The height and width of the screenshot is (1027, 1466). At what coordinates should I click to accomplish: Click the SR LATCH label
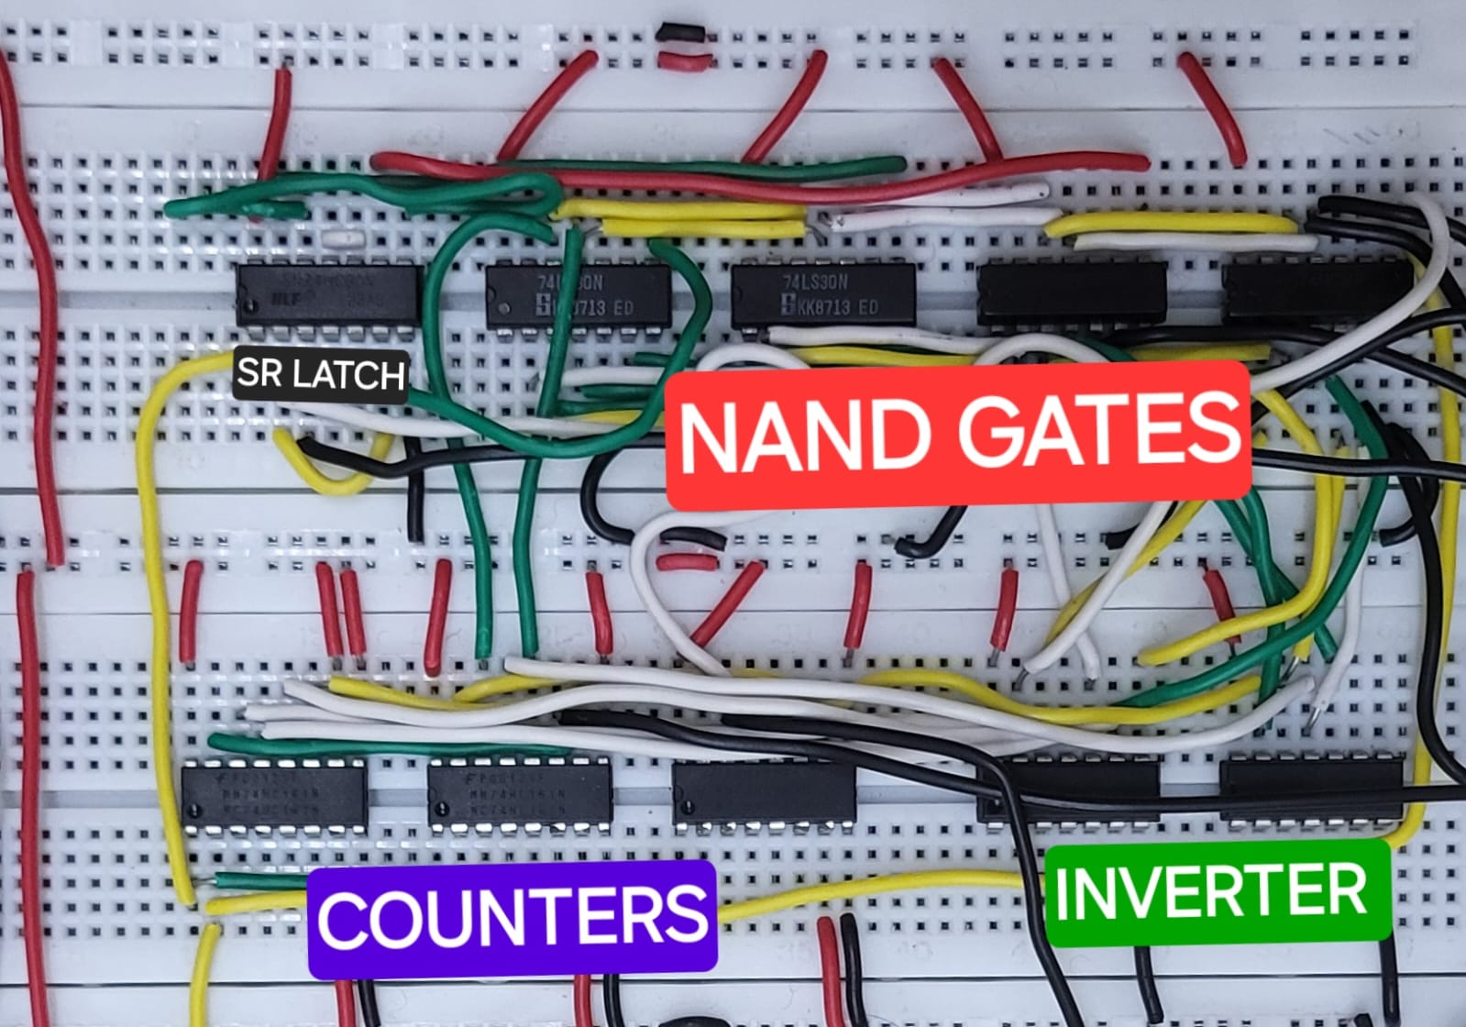pos(320,374)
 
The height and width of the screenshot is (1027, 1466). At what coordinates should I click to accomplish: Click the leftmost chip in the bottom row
pos(274,794)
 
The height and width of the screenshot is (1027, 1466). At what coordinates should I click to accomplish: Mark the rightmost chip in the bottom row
pos(1311,788)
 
